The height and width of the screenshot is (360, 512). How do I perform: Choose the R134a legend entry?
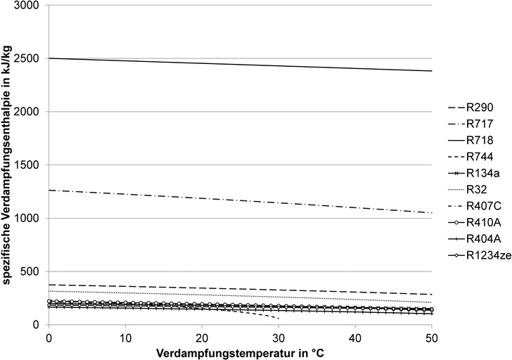coord(478,173)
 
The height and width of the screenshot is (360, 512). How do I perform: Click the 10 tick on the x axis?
coord(125,337)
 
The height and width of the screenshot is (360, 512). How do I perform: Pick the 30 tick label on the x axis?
coord(279,337)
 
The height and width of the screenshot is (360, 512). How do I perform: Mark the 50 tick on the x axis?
coord(432,337)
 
